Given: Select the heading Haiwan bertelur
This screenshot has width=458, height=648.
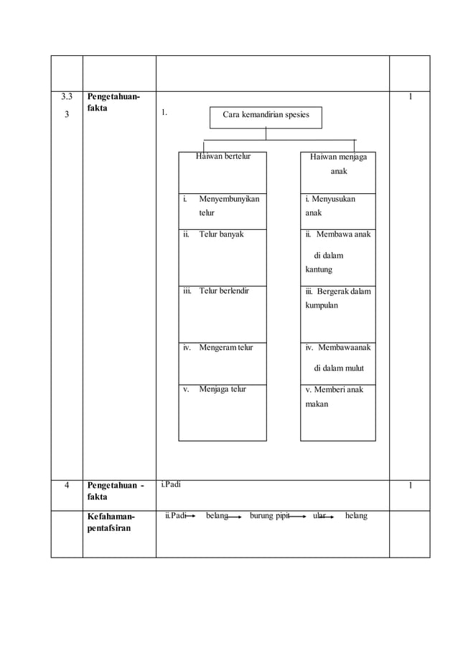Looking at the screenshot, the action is (223, 157).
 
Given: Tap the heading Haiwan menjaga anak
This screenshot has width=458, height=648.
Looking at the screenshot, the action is (338, 164).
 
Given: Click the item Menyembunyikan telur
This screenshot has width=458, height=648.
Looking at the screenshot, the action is (229, 205).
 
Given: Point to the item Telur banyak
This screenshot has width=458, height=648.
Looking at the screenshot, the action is (222, 234).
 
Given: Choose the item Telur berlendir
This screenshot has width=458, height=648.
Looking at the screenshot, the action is (224, 292).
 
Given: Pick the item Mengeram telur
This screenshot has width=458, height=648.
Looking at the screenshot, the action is (226, 348).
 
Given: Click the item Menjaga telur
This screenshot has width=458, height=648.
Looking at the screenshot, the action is (223, 389).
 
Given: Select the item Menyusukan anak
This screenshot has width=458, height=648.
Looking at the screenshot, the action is (330, 205).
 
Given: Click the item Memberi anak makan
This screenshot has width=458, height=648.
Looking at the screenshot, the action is (334, 397).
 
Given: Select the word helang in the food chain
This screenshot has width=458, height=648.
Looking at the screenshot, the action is (355, 516).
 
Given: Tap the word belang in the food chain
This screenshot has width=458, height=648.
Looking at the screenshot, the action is (216, 516).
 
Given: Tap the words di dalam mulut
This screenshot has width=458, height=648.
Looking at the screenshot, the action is (339, 369).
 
